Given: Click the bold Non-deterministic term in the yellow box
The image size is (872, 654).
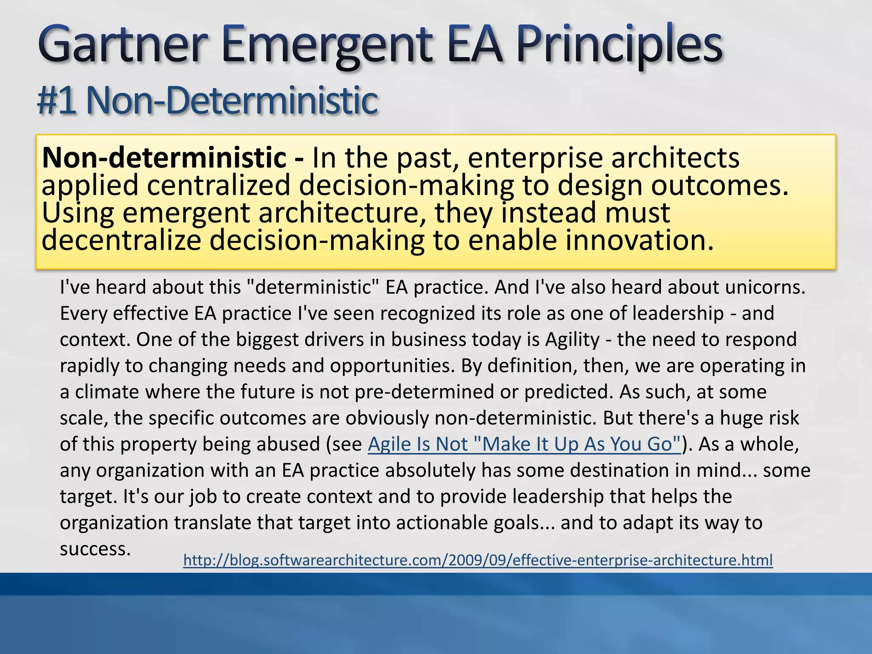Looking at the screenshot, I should [164, 158].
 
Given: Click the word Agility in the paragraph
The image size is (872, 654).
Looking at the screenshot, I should [572, 340].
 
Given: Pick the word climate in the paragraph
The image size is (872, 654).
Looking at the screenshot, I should [107, 392].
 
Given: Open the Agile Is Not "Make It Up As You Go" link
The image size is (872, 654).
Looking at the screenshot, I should [524, 445].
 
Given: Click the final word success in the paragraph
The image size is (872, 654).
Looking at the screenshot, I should [95, 549].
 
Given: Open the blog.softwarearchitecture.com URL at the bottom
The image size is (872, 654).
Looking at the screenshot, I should [478, 560].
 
